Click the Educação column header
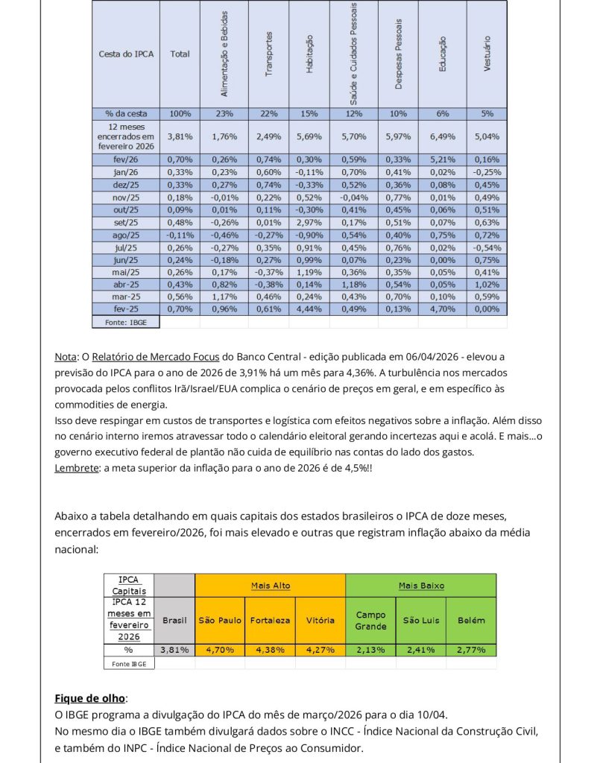(443, 54)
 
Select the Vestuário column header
(487, 54)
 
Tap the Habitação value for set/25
(309, 222)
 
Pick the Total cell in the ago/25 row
(180, 235)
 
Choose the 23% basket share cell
(224, 114)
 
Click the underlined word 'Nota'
(64, 357)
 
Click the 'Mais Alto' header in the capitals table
(270, 586)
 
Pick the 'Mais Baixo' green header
(421, 586)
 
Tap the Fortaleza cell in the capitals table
(270, 620)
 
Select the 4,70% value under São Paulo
(220, 650)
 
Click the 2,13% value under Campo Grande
(370, 650)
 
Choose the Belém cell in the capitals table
(471, 620)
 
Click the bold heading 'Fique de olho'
(89, 698)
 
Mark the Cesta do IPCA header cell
(126, 54)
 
